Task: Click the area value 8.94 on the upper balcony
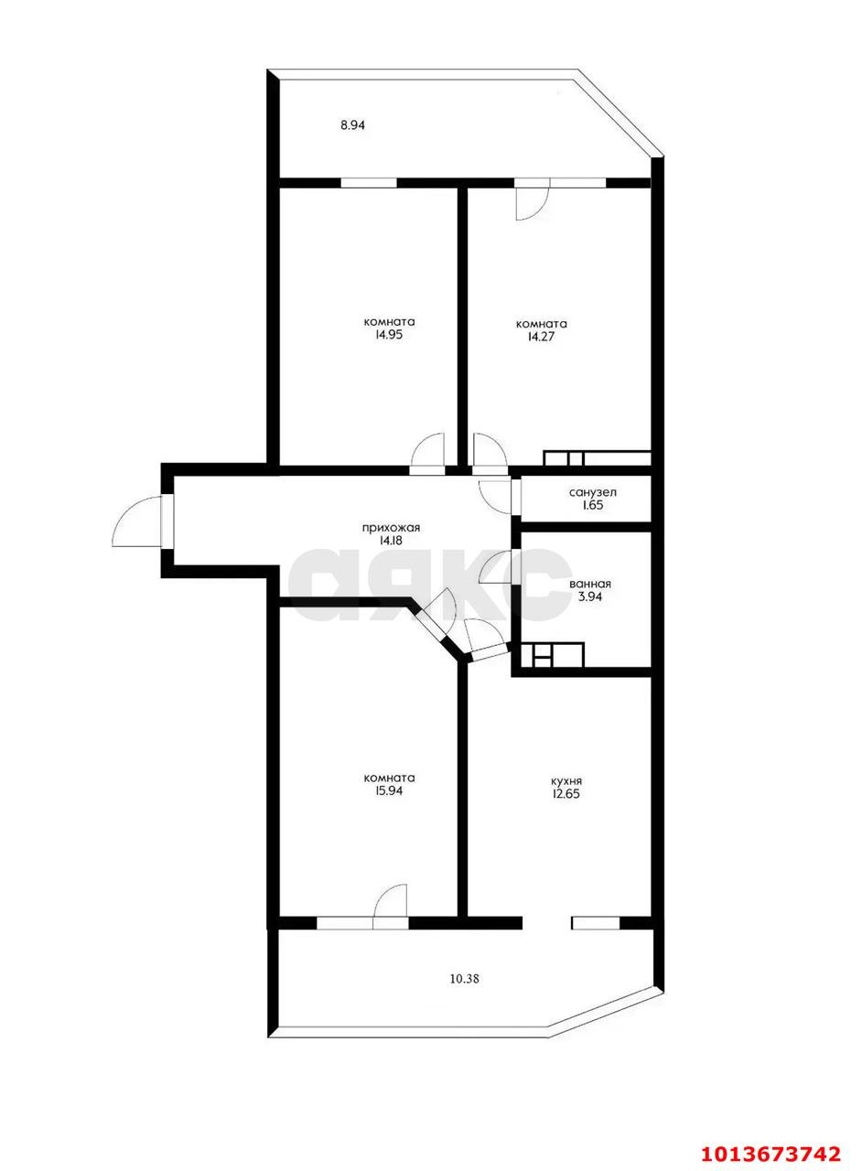(352, 125)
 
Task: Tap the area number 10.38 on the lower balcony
(465, 979)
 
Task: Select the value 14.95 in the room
(388, 335)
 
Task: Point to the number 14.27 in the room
(541, 337)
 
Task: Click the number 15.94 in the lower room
(388, 806)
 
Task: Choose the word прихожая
(392, 529)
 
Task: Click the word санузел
(593, 492)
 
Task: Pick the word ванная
(590, 584)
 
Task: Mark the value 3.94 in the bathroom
(590, 596)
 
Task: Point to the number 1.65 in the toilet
(592, 506)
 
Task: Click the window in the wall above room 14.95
(369, 183)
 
